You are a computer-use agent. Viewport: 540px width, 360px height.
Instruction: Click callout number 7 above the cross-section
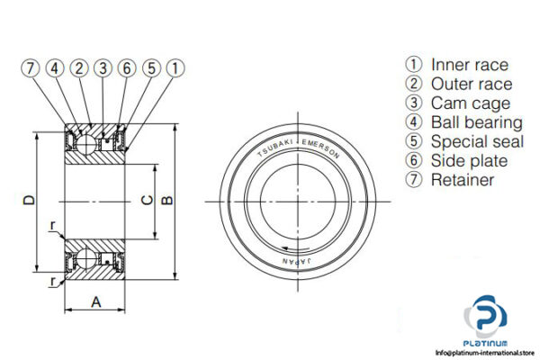(x=31, y=67)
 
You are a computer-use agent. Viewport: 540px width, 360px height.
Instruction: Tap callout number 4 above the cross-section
(x=55, y=67)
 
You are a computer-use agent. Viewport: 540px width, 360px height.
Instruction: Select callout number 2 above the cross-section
(x=79, y=67)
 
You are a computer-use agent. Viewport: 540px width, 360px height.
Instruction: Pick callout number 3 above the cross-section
(x=103, y=67)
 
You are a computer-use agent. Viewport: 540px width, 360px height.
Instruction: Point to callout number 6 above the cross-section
(x=128, y=67)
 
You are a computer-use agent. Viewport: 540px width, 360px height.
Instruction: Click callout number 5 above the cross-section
(x=151, y=67)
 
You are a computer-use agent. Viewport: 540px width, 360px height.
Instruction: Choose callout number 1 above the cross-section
(x=175, y=67)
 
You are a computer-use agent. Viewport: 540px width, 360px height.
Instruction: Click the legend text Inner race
(x=469, y=65)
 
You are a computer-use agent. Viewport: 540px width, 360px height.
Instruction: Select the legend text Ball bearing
(x=476, y=122)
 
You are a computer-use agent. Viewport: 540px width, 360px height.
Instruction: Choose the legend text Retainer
(x=463, y=180)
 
